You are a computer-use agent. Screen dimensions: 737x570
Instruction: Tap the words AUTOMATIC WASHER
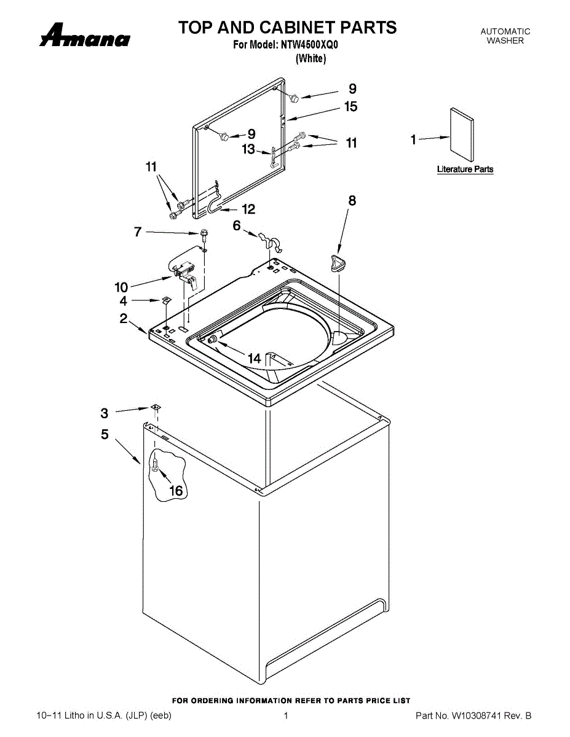tap(505, 36)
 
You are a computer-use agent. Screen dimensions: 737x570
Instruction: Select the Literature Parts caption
tap(465, 170)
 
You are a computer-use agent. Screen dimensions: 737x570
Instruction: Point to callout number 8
tap(352, 200)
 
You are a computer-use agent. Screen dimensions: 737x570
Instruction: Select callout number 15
tap(350, 107)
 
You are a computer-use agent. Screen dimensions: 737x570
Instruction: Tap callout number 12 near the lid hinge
tap(248, 209)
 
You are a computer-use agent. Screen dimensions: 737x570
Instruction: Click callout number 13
tap(248, 149)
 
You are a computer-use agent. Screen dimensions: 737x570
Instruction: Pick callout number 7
tap(138, 232)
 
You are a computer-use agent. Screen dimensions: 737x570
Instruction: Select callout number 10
tap(121, 287)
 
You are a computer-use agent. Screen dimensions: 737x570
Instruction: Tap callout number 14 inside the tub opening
tap(254, 358)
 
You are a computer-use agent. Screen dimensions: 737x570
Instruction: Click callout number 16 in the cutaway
tap(176, 490)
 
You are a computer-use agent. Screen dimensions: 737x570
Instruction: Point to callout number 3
tap(105, 413)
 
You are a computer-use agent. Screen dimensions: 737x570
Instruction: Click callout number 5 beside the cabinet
tap(105, 434)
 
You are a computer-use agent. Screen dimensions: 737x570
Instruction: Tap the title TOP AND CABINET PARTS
tap(287, 28)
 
